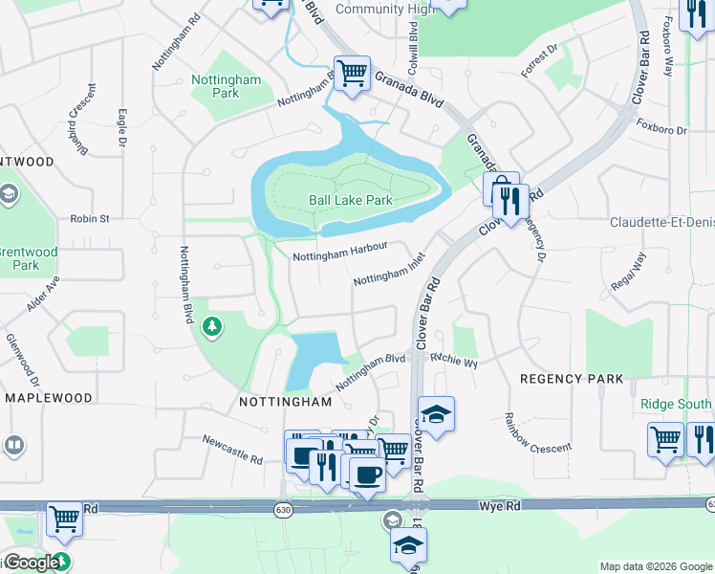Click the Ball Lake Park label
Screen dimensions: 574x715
coord(351,201)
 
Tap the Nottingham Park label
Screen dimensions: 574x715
coord(227,87)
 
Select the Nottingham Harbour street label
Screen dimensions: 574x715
coord(339,252)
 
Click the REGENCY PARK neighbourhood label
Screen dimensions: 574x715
coord(572,379)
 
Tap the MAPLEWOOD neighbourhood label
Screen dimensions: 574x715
coord(49,398)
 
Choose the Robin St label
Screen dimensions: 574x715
coord(90,219)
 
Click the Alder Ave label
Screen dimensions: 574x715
coord(43,293)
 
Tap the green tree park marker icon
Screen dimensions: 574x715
coord(211,328)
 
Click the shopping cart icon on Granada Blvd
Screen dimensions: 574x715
coord(353,71)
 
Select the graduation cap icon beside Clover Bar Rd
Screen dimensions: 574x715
coord(436,414)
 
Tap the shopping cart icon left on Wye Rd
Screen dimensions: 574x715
coord(64,519)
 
